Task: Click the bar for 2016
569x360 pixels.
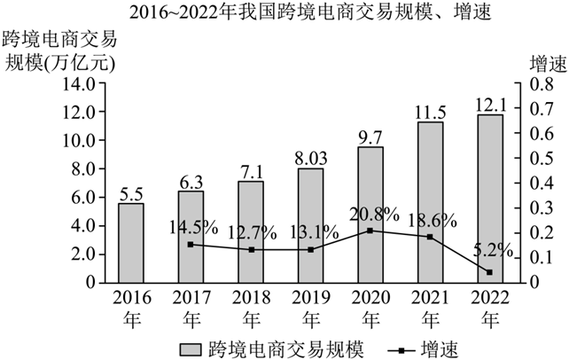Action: pos(131,243)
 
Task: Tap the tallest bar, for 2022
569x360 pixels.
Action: pos(489,199)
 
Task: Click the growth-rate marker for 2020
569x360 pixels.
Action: pos(370,231)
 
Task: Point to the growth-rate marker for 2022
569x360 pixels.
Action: pos(489,272)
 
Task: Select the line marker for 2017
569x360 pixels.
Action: pos(191,245)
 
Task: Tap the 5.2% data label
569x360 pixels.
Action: pos(492,251)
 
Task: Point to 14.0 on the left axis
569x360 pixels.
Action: pos(77,84)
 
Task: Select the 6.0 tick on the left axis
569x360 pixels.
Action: pos(82,197)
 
